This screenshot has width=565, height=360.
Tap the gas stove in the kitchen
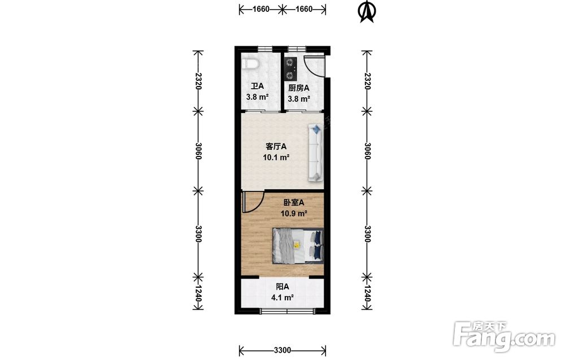pos(290,69)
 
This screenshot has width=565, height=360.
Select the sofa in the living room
pos(316,153)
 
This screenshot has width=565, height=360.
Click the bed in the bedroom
pos(298,246)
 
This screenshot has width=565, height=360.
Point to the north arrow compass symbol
pos(367,11)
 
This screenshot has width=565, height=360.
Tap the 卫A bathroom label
pos(257,86)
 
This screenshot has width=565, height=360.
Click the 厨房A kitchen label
pos(299,88)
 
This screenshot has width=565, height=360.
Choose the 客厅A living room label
pos(276,147)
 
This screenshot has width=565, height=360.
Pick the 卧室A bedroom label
pos(294,202)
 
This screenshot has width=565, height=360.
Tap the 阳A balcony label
pos(282,287)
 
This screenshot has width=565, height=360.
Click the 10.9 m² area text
pos(294,213)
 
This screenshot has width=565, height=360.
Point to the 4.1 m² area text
pos(282,298)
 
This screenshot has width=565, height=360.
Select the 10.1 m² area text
pos(276,158)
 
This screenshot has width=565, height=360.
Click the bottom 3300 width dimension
pos(282,350)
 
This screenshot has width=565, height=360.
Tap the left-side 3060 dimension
pos(198,151)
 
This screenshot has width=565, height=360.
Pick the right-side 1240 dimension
pos(367,293)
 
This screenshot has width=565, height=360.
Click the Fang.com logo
pos(504,336)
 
